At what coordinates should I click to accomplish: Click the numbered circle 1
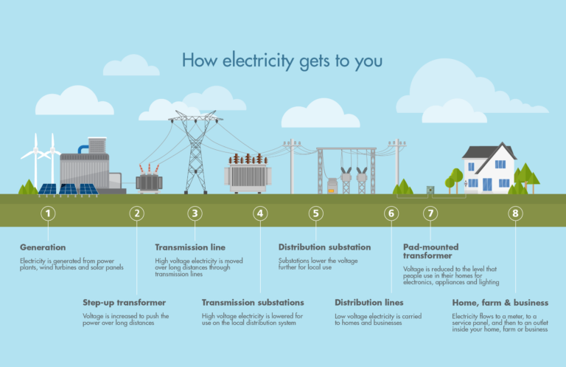48,213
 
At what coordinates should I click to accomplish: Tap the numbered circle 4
259,213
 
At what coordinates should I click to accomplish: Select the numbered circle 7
430,213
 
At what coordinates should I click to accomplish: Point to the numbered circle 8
515,213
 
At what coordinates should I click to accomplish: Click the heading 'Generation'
43,247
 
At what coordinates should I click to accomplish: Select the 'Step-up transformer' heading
124,303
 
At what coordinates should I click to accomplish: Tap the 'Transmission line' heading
190,247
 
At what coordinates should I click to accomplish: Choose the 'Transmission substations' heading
253,303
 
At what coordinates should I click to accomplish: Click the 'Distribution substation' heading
324,247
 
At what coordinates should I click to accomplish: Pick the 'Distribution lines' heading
369,303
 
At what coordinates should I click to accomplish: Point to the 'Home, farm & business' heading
500,303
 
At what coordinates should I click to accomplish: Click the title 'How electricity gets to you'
282,60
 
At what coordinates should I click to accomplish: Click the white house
488,174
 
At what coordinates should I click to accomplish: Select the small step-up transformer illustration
149,179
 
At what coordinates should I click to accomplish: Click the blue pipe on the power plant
83,148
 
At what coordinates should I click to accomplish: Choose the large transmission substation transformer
248,176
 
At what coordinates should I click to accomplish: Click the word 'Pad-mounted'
430,247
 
